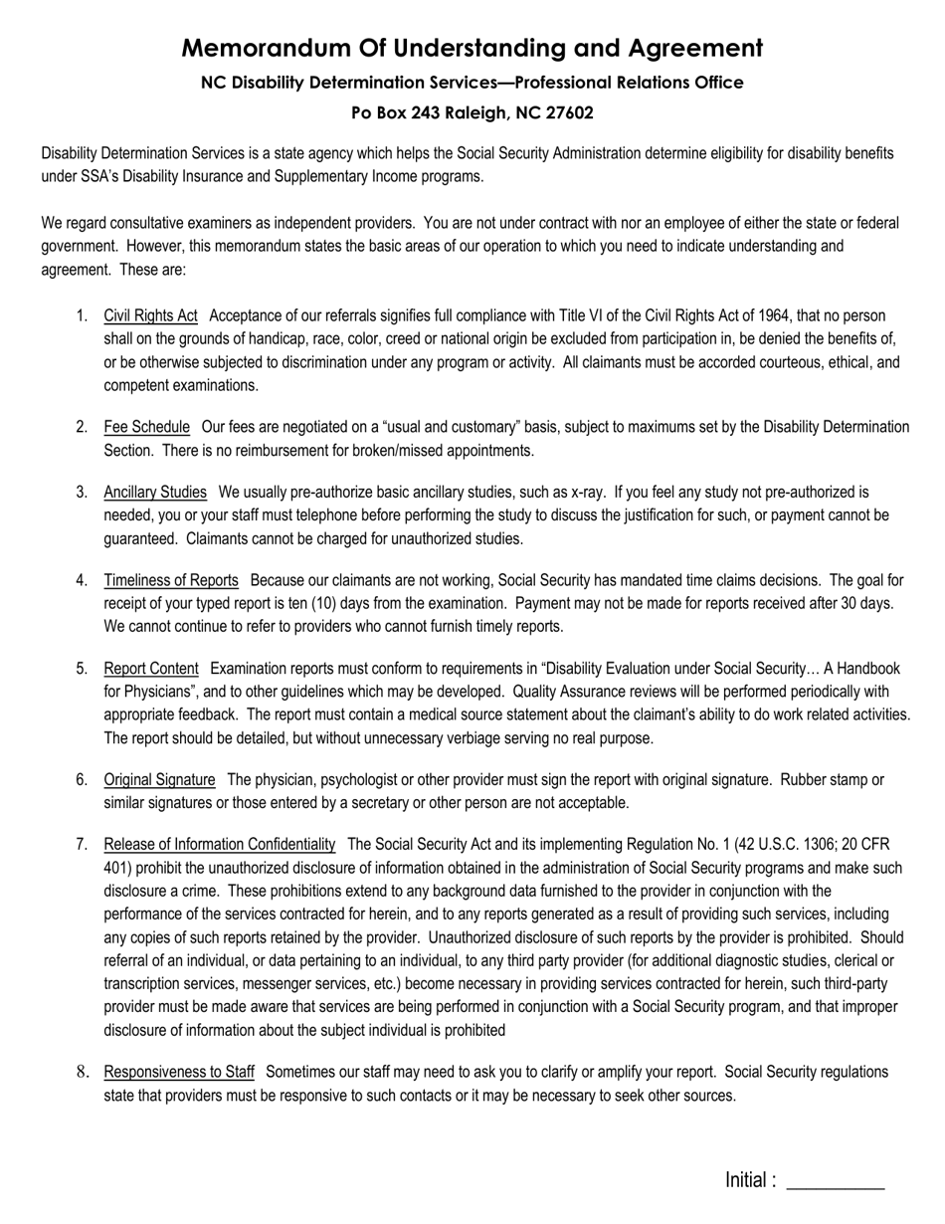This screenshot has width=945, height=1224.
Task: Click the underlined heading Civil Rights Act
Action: (x=150, y=316)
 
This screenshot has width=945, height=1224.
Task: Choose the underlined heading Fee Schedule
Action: (x=146, y=427)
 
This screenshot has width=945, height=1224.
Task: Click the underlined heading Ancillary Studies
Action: (x=155, y=492)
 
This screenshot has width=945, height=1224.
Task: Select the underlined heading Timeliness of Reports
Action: (x=171, y=580)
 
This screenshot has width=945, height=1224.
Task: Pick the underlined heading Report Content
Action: (x=151, y=668)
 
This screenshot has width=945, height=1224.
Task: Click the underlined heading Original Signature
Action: (x=159, y=779)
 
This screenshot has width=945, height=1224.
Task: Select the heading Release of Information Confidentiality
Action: (x=220, y=844)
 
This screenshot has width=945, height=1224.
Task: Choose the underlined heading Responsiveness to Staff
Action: (x=179, y=1072)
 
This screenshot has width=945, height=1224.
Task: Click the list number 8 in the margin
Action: (x=83, y=1072)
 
